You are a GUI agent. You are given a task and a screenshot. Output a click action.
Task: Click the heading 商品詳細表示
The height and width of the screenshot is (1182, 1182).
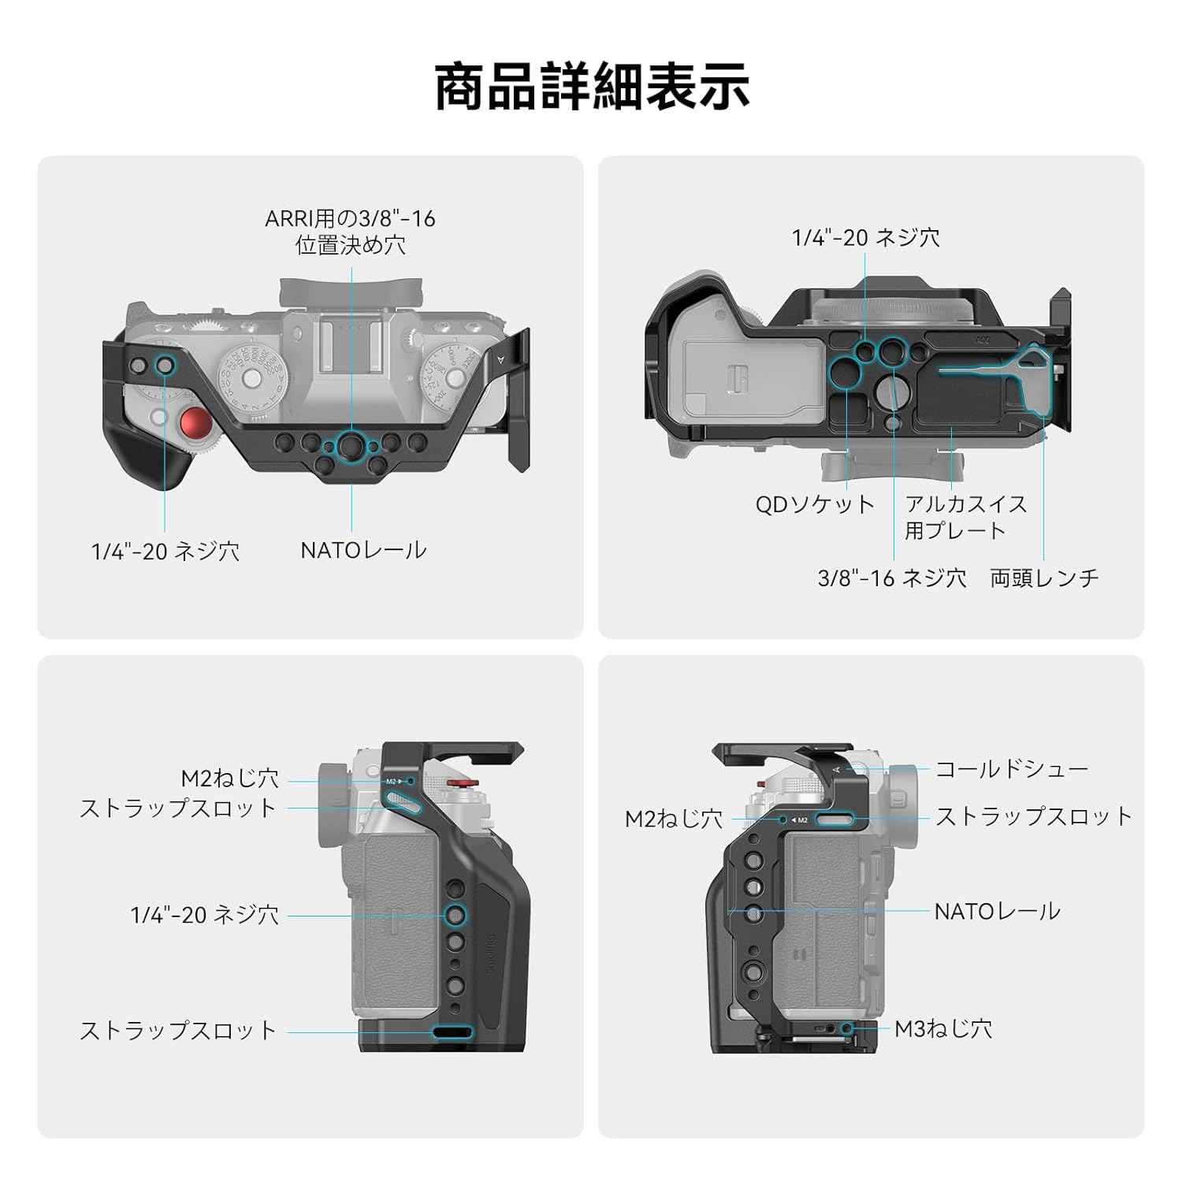point(591,87)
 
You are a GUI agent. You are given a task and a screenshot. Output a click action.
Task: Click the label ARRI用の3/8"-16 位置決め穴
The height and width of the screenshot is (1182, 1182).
point(350,232)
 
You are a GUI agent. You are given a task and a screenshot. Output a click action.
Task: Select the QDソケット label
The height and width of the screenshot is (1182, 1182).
point(815,504)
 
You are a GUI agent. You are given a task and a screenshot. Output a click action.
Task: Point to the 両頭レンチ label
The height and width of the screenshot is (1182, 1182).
point(1044,578)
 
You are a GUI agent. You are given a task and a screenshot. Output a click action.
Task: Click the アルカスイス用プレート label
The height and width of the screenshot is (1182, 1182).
point(965,517)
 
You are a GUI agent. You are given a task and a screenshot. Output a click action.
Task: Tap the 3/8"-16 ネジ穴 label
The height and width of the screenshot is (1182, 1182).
point(892,578)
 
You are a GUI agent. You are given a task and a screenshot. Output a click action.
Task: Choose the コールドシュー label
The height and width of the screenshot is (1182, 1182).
point(1011,769)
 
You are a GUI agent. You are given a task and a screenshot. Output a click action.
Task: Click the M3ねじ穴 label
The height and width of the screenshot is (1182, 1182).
point(943,1028)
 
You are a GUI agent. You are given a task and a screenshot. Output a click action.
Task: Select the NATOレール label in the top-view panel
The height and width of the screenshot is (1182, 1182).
point(363,550)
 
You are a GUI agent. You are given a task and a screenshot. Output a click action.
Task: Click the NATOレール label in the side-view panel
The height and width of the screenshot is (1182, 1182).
point(997,912)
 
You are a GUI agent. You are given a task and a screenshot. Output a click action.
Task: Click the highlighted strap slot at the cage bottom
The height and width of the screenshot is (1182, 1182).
point(452,1031)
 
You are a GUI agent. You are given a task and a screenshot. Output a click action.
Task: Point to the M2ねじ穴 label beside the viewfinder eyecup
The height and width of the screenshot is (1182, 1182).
point(674,819)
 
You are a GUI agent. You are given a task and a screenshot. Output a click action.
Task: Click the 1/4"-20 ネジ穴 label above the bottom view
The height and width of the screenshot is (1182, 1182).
point(865,237)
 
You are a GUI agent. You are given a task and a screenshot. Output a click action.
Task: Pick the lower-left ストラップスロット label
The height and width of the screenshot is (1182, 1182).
point(178,1031)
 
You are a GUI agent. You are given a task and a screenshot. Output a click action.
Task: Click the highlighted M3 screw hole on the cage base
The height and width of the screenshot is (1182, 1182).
point(847,1028)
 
